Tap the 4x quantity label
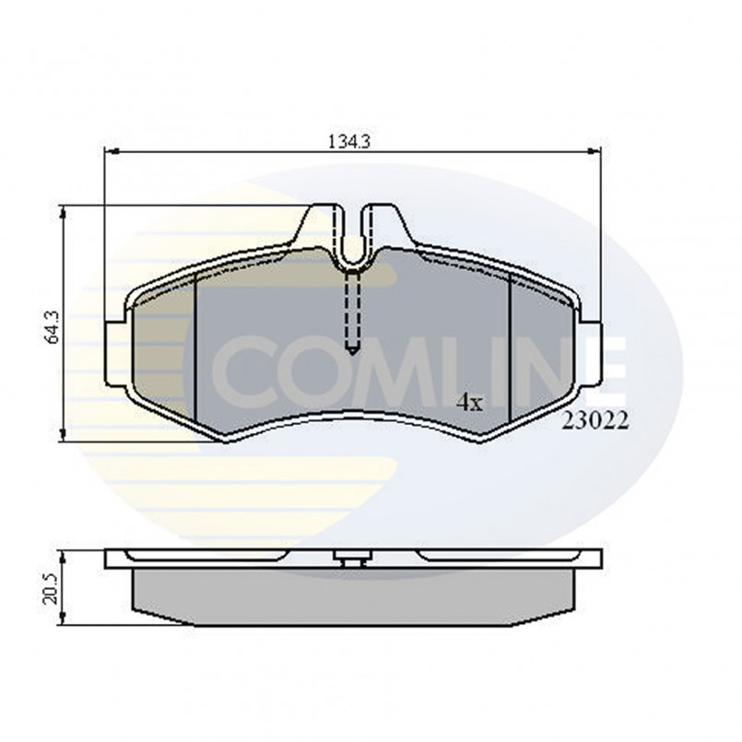(470, 401)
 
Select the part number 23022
(595, 421)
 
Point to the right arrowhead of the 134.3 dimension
(596, 153)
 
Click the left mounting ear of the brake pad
(114, 352)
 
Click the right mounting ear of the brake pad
(591, 352)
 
